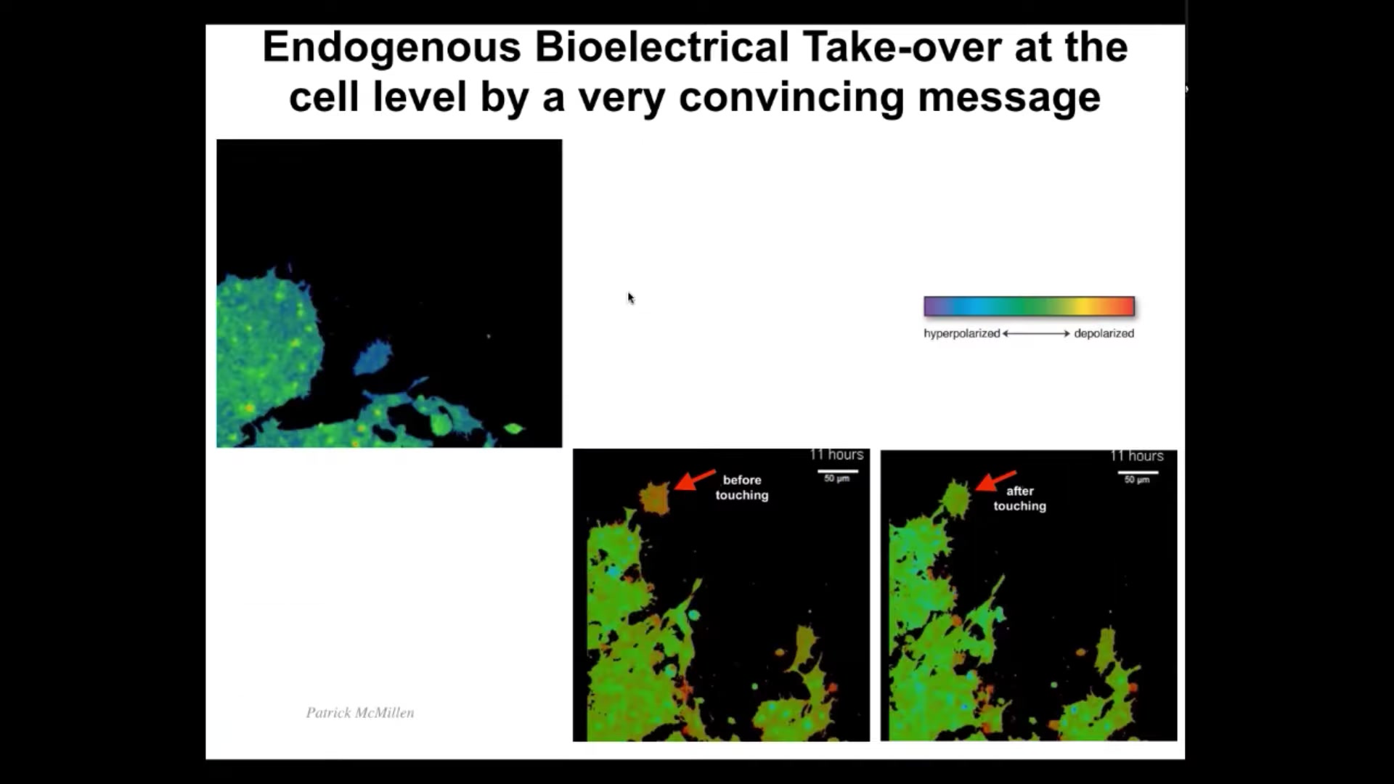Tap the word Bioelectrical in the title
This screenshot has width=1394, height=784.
[661, 47]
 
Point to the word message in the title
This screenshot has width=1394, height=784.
[1009, 98]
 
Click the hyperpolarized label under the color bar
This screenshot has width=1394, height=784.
[961, 333]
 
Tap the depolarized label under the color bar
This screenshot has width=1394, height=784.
[1104, 333]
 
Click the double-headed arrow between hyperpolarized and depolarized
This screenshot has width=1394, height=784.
[1036, 333]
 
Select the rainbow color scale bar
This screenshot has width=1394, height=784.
[1029, 306]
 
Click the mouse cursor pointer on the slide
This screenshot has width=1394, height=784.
[631, 298]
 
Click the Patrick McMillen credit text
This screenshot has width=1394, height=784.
[360, 713]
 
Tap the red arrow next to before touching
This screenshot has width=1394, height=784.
[695, 480]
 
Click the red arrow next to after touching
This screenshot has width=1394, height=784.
[995, 481]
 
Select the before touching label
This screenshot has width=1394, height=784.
[742, 487]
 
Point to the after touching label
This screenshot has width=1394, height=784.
[1020, 498]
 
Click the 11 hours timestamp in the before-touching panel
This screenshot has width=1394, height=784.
[836, 454]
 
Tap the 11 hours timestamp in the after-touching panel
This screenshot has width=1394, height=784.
[1137, 456]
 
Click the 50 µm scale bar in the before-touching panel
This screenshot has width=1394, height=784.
[838, 472]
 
